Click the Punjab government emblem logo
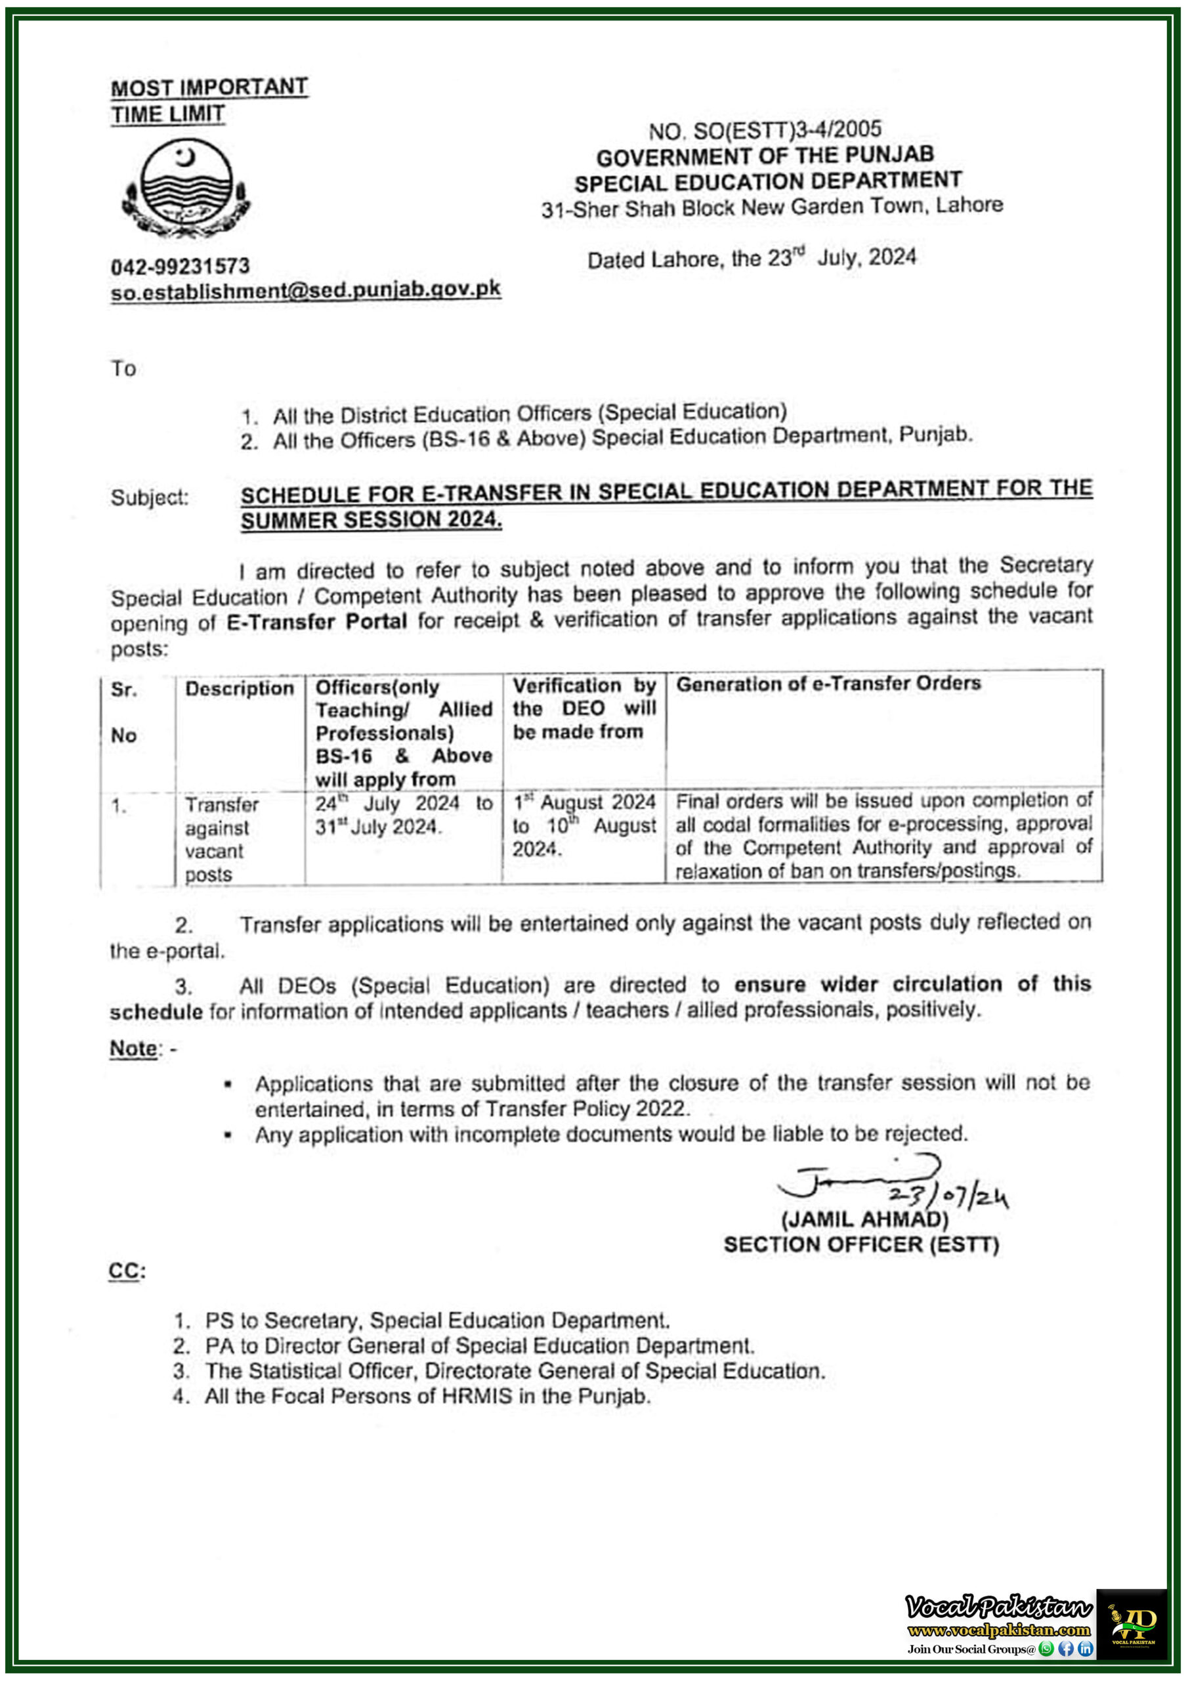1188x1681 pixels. click(186, 189)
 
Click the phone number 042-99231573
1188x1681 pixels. click(180, 266)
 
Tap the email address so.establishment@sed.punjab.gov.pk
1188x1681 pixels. click(305, 291)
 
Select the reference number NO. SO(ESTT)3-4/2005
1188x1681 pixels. click(765, 130)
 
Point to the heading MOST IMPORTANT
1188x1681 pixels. click(209, 87)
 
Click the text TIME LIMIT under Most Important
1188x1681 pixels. click(167, 114)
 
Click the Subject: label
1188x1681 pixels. click(150, 498)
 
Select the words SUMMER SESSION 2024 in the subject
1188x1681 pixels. click(370, 520)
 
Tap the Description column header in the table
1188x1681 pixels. click(240, 688)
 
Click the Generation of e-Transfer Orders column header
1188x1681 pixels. click(828, 684)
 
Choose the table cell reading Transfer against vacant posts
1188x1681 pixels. click(221, 839)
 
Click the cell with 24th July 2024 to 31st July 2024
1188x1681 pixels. click(403, 815)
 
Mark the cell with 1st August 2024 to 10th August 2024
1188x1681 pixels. click(583, 826)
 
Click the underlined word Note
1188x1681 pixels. click(133, 1049)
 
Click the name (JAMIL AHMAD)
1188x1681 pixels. click(864, 1219)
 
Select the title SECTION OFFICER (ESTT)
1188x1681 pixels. click(860, 1244)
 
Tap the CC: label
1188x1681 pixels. click(127, 1271)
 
